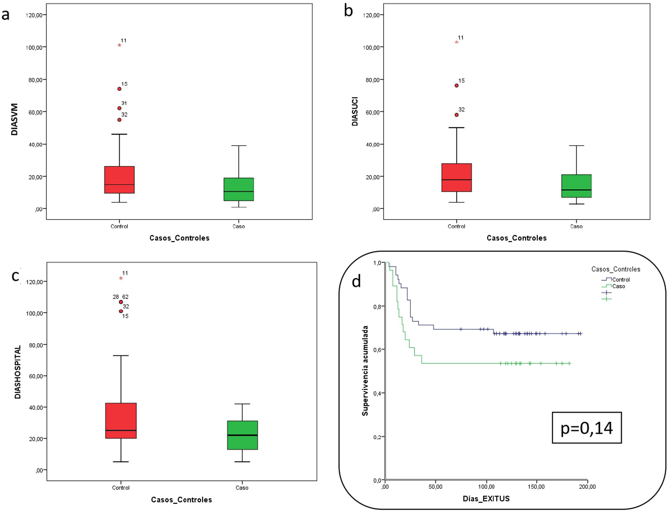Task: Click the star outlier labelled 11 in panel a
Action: click(119, 45)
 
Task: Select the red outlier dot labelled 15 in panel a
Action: click(119, 89)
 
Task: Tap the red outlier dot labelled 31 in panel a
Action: click(119, 108)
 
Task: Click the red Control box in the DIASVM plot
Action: click(119, 180)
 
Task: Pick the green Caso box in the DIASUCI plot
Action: click(576, 186)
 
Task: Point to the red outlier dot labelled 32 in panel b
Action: click(456, 115)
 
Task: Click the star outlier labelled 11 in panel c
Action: click(121, 278)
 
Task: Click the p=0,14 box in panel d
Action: click(586, 428)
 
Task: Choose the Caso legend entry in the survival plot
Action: click(618, 286)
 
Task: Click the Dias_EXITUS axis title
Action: click(486, 499)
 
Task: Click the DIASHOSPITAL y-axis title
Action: click(18, 372)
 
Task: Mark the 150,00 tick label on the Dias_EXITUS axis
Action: click(536, 487)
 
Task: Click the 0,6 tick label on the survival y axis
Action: click(377, 350)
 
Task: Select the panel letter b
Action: click(348, 11)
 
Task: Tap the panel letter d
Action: click(356, 281)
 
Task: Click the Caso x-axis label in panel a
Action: click(239, 226)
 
